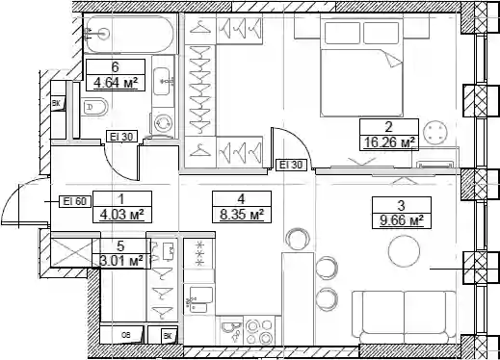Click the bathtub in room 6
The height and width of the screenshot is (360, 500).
(x=130, y=34)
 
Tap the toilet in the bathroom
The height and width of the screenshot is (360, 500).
(x=95, y=108)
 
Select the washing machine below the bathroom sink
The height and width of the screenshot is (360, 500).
(x=163, y=123)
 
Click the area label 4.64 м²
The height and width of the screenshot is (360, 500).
(x=116, y=84)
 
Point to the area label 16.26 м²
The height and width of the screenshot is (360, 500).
(x=389, y=141)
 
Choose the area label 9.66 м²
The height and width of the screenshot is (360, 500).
(x=401, y=220)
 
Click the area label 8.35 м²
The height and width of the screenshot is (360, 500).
(x=242, y=215)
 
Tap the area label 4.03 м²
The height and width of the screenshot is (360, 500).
(x=121, y=215)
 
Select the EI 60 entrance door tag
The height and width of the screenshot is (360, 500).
(x=75, y=201)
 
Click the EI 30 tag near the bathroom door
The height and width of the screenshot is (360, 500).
(x=121, y=137)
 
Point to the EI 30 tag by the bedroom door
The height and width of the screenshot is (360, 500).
(x=291, y=165)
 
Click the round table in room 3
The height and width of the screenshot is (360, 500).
(x=404, y=251)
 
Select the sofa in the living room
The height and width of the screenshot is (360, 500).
(x=404, y=318)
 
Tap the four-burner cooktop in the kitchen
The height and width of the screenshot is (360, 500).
(x=259, y=331)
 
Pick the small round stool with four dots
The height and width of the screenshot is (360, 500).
(x=434, y=132)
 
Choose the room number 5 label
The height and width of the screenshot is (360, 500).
(x=120, y=246)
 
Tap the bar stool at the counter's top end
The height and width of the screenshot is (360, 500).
(x=298, y=239)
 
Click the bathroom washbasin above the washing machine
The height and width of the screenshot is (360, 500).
(x=163, y=81)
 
